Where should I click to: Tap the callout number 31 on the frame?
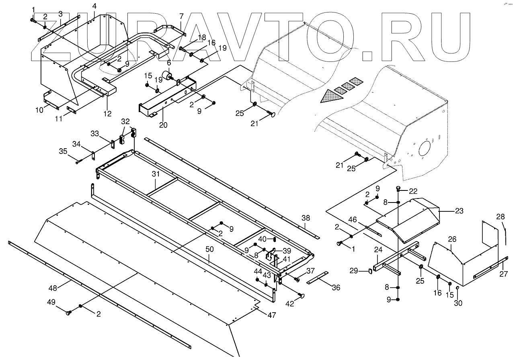(x=156, y=174)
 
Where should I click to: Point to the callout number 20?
(x=94, y=6)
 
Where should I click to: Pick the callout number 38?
(x=306, y=218)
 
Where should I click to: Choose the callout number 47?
(x=272, y=315)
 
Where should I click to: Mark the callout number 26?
(x=452, y=239)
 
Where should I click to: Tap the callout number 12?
(x=107, y=113)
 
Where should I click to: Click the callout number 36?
(x=336, y=288)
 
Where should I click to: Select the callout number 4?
(x=94, y=6)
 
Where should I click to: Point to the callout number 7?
(x=181, y=16)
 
